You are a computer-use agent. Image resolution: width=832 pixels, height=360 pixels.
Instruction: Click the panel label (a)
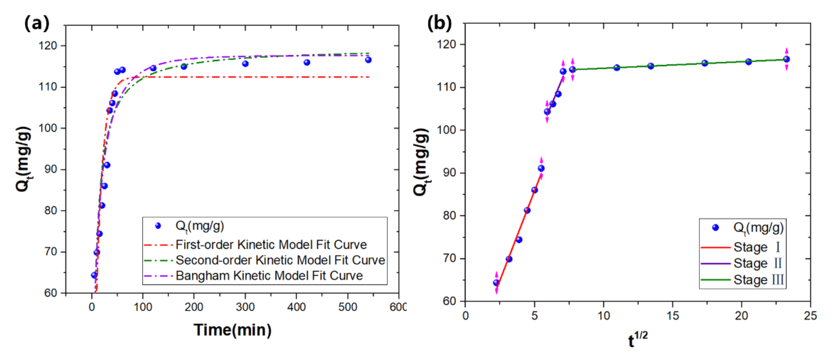point(37,24)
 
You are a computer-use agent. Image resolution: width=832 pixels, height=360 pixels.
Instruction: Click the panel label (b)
point(439,23)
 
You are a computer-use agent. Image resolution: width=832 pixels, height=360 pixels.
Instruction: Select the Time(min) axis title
point(232,330)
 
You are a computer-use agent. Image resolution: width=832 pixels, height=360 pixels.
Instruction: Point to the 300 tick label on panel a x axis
point(245,307)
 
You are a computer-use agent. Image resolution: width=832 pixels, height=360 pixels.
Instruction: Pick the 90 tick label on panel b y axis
point(450,173)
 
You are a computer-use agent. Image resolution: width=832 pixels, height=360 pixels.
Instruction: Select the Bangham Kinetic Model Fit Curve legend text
point(269,276)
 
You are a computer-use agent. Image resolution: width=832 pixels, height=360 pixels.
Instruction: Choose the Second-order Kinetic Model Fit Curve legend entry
point(280,260)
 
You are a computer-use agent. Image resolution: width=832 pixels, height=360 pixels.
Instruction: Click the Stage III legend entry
point(758,280)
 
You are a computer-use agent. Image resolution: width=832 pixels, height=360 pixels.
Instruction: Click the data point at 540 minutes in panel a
point(368,60)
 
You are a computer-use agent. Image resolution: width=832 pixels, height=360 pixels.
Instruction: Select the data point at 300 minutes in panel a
point(245,64)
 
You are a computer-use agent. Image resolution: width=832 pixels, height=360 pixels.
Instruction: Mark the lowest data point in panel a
point(94,275)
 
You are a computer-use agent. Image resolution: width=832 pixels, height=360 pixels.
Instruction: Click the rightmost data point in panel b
point(786,59)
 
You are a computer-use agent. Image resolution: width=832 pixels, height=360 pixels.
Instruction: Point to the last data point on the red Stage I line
point(541,168)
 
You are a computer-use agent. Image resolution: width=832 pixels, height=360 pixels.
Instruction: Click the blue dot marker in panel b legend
point(715,228)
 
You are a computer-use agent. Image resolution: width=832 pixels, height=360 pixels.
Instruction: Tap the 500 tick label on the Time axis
point(348,307)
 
